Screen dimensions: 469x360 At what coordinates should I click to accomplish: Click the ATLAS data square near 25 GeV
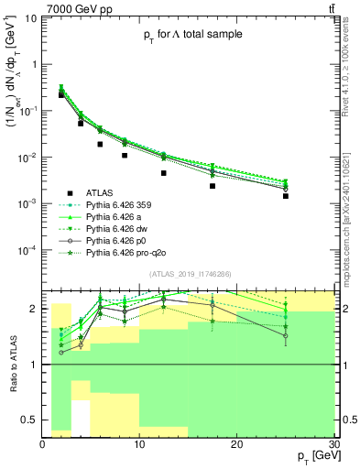[286, 196]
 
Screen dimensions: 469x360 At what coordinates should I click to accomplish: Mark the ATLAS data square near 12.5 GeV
[164, 173]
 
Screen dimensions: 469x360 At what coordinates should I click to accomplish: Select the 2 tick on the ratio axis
[36, 309]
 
